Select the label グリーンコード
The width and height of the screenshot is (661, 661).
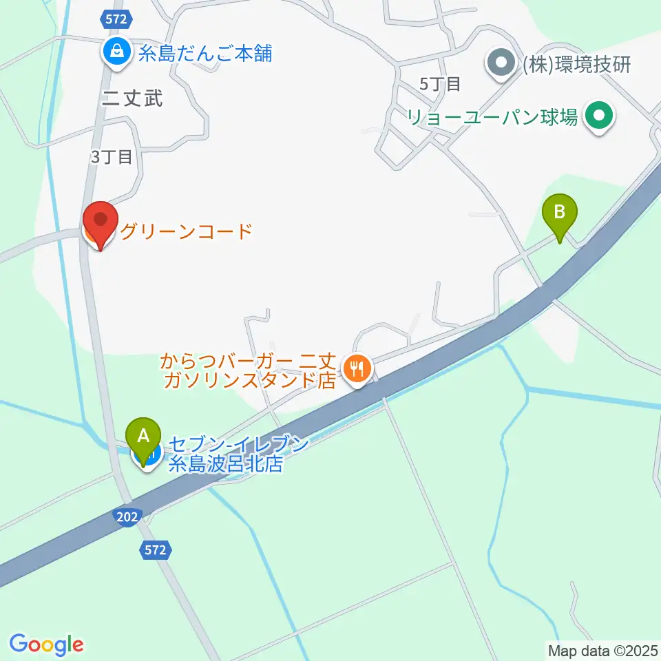[x=187, y=231]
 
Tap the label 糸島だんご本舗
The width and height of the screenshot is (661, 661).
[x=205, y=53]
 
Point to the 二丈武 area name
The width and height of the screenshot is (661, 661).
[x=132, y=98]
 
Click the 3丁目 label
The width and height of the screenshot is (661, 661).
[x=110, y=157]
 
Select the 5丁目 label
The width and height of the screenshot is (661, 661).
[x=439, y=84]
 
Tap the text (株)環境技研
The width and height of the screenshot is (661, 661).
[x=577, y=65]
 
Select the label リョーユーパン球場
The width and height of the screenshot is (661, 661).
[x=492, y=117]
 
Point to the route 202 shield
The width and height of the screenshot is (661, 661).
[x=127, y=516]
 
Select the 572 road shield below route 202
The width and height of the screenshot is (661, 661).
[x=155, y=549]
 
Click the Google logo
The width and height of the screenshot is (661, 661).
[x=46, y=644]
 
